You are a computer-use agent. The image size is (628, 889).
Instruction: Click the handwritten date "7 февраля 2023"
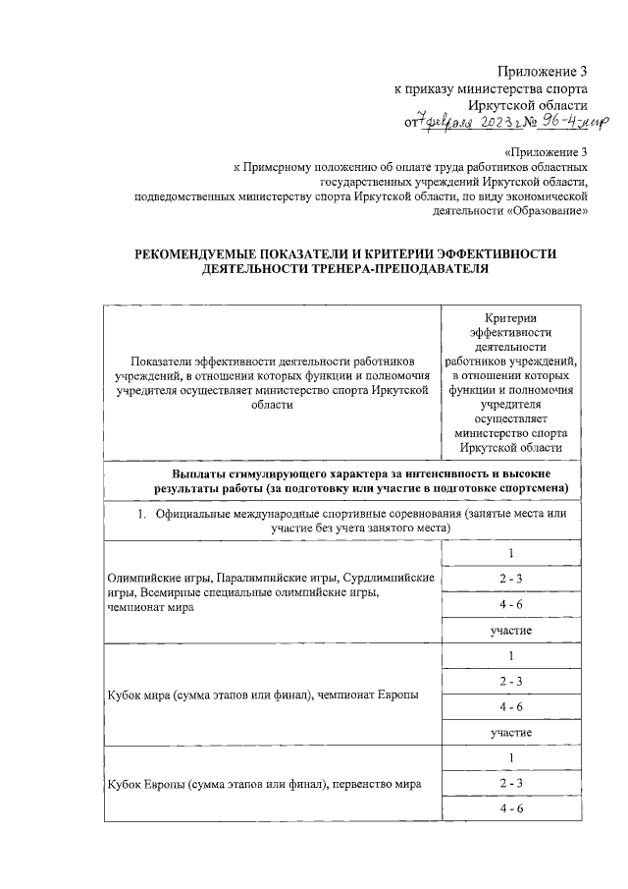463,121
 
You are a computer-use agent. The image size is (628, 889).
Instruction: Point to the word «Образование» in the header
549,209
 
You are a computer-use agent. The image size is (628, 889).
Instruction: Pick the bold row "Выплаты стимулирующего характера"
362,481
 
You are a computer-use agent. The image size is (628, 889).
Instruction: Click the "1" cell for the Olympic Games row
510,553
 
